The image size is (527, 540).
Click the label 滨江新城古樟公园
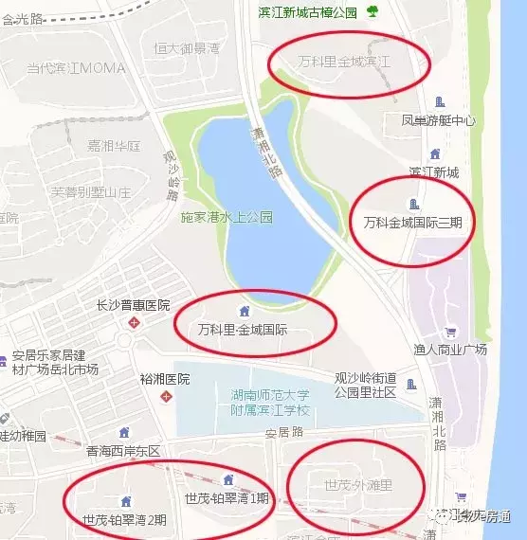(308, 11)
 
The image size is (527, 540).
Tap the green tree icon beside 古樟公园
(373, 11)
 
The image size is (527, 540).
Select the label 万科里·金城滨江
(345, 62)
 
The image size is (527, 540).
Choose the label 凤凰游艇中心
(438, 121)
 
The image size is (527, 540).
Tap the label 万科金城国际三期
(412, 223)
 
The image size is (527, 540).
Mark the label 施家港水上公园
(227, 217)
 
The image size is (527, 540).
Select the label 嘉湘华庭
(114, 146)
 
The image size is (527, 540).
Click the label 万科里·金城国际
(244, 332)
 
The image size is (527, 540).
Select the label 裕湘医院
(165, 379)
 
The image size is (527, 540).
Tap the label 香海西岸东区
(123, 451)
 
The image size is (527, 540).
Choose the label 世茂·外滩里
(358, 485)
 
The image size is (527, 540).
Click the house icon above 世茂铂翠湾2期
(125, 501)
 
